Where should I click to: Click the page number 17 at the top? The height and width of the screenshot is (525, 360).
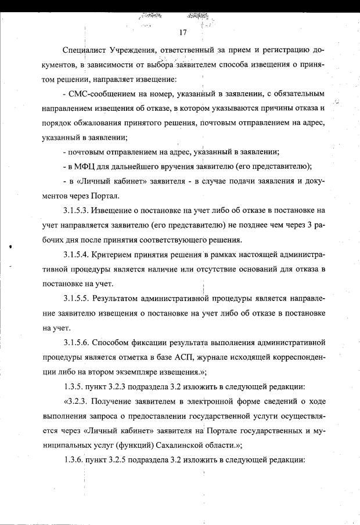coord(183,32)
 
